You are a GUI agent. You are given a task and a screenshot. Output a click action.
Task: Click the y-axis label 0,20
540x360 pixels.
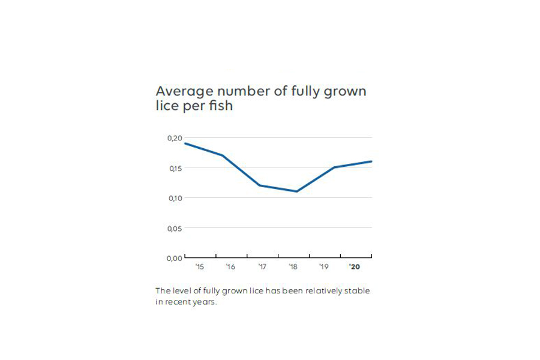coord(174,139)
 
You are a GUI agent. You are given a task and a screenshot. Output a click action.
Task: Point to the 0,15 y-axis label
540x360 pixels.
coord(174,169)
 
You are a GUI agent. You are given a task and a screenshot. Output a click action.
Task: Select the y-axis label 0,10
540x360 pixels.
coord(174,198)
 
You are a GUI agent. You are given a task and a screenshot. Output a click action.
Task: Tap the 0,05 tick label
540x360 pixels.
coord(174,228)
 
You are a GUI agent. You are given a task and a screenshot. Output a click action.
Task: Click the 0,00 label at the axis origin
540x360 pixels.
coord(174,258)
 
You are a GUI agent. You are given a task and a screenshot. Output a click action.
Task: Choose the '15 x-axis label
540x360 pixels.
coord(200,266)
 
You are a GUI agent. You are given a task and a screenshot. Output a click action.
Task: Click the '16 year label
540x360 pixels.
coord(230,266)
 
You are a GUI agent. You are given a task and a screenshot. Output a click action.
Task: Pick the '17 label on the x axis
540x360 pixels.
coord(262,266)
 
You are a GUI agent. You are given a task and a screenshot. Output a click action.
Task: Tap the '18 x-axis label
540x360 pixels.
coord(293,266)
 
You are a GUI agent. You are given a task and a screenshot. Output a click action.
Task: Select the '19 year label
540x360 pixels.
coord(323,266)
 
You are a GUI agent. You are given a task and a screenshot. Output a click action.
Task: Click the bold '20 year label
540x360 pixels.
coord(355,266)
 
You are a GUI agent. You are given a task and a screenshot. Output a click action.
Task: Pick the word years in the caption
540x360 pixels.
coord(202,302)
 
